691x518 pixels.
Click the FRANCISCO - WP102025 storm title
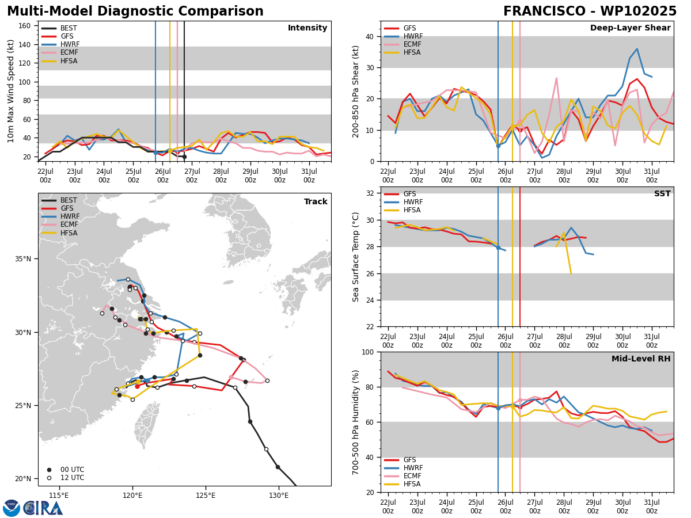pos(590,11)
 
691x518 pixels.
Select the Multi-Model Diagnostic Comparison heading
pos(135,11)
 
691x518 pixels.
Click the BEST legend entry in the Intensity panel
pos(59,28)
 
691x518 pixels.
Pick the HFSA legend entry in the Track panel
pos(59,233)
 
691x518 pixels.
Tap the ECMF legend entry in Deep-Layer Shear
pos(403,44)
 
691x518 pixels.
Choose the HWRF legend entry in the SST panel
pos(403,202)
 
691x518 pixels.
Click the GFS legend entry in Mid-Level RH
pos(400,460)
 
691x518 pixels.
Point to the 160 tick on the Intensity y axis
pos(24,26)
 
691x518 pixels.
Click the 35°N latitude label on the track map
pos(23,259)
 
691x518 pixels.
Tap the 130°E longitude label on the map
pos(279,496)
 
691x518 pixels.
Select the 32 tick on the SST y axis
pos(370,193)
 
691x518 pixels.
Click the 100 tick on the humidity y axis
pos(368,352)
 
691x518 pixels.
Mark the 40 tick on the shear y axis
pos(370,36)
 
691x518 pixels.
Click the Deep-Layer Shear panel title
pos(630,28)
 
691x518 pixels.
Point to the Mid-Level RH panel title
pos(641,359)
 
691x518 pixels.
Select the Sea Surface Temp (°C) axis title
pos(355,257)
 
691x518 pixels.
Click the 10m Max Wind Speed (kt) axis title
pos(10,91)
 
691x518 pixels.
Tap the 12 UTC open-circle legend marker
pos(49,478)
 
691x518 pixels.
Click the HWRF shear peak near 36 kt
pos(637,49)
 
